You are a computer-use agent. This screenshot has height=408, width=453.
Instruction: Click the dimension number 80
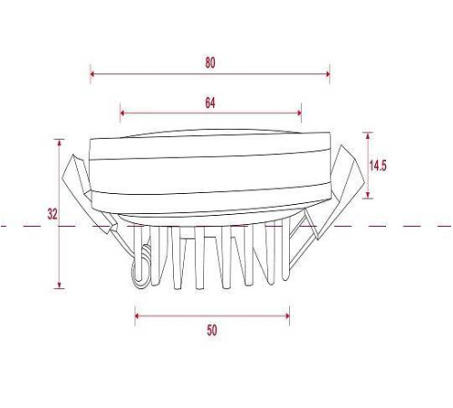[x=210, y=63]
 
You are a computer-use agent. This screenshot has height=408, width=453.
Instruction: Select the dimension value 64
[x=210, y=103]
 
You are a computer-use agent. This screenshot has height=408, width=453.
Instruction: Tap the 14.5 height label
[x=378, y=166]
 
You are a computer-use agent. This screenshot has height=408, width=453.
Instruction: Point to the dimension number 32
[x=53, y=214]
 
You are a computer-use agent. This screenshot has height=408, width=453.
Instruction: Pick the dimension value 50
[x=212, y=330]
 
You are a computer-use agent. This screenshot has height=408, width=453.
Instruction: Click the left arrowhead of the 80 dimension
[x=92, y=73]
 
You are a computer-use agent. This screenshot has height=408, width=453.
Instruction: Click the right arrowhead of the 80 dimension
[x=327, y=73]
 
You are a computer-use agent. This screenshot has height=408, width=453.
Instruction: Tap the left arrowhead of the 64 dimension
[x=122, y=113]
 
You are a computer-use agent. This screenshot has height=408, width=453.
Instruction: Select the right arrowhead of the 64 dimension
[x=299, y=113]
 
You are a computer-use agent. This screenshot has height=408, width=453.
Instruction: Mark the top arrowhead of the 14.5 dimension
[x=368, y=135]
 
